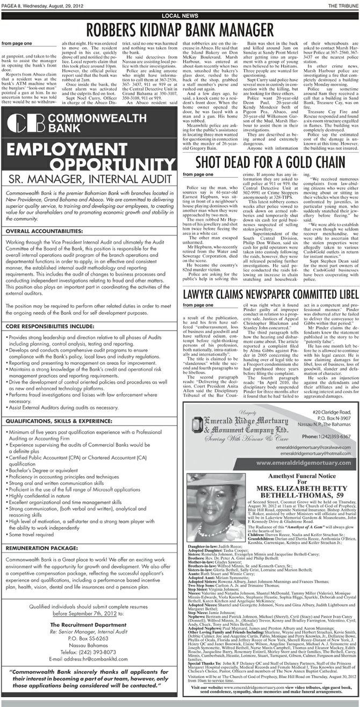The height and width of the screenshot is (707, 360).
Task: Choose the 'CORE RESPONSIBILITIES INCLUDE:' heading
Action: pos(48,326)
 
